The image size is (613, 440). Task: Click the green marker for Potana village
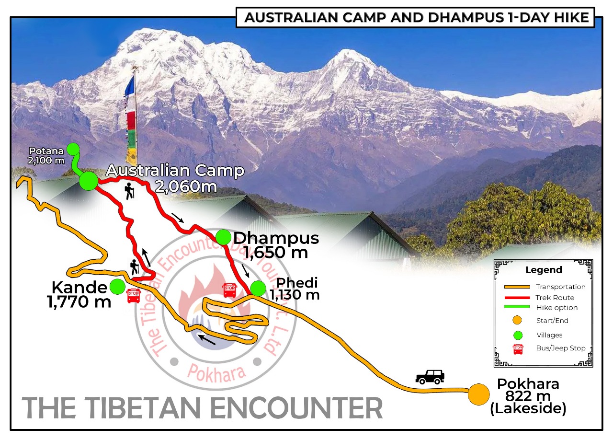point(73,149)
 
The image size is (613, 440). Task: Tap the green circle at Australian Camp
point(89,181)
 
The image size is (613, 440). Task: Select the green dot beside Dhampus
point(223,237)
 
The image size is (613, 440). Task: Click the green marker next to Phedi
point(258,288)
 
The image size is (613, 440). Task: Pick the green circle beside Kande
point(117,287)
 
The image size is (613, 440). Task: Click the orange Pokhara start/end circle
point(478,394)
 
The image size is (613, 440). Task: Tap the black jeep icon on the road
point(430,376)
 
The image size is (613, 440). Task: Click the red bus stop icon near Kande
point(134,296)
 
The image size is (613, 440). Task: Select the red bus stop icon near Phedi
point(229,289)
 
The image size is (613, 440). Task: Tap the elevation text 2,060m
point(186,186)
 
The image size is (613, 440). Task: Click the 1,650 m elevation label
point(275,252)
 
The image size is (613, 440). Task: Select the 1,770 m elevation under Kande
point(79,302)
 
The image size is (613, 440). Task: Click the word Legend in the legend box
point(544,270)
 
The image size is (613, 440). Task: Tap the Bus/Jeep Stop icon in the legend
point(518,349)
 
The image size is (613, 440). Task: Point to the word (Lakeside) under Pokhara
point(528,409)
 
